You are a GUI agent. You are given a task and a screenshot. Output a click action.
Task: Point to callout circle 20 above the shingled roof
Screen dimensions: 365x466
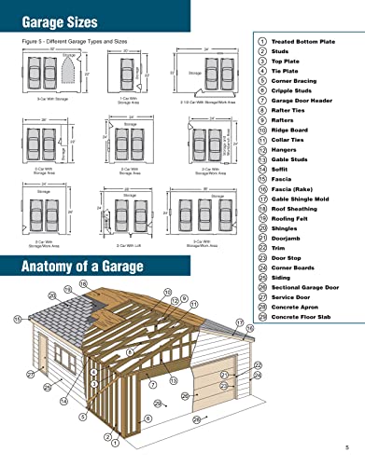[x=51, y=295]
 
